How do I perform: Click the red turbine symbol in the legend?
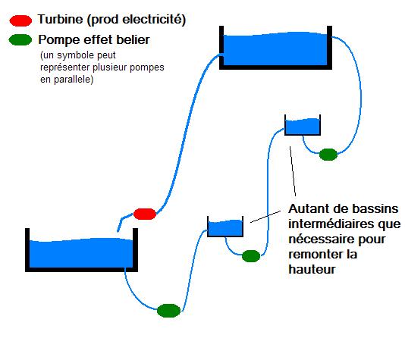[x=20, y=20]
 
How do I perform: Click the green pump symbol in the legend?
[x=20, y=40]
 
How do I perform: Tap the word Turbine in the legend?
[x=61, y=19]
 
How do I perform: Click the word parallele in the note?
[x=74, y=79]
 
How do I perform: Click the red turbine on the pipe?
[x=145, y=214]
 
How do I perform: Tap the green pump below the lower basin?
[x=168, y=311]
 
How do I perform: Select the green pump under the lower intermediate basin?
[x=251, y=256]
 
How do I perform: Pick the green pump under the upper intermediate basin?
[x=328, y=155]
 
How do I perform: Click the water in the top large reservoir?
[x=275, y=49]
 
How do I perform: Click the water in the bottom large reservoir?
[x=81, y=253]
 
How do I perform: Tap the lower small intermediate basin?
[x=225, y=227]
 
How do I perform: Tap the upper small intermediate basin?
[x=303, y=125]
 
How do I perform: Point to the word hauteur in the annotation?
[x=312, y=269]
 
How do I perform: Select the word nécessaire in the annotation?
[x=322, y=239]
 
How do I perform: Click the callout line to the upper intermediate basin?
[x=293, y=171]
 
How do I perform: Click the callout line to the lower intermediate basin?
[x=265, y=216]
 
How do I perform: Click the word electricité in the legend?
[x=154, y=20]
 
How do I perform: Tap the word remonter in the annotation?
[x=316, y=255]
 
